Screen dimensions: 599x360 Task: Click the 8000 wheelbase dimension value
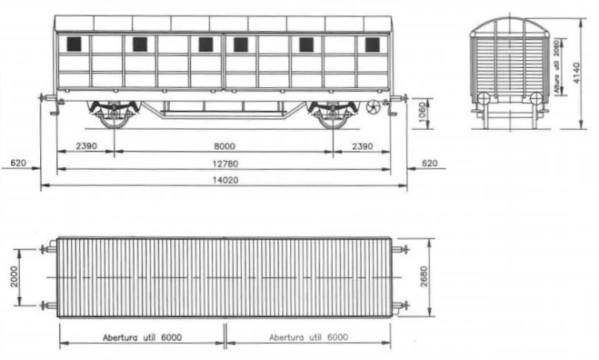(224, 146)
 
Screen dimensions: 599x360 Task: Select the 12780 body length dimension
(225, 164)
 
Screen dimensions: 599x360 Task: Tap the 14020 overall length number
(225, 180)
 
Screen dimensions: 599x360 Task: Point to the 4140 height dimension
(576, 73)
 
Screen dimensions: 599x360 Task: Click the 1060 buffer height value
(422, 113)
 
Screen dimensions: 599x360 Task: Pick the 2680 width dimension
(423, 277)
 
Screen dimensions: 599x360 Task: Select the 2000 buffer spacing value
(14, 277)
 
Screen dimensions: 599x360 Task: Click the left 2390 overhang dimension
(87, 146)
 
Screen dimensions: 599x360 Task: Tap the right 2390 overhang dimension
(362, 146)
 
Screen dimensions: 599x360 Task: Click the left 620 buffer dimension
(18, 163)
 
